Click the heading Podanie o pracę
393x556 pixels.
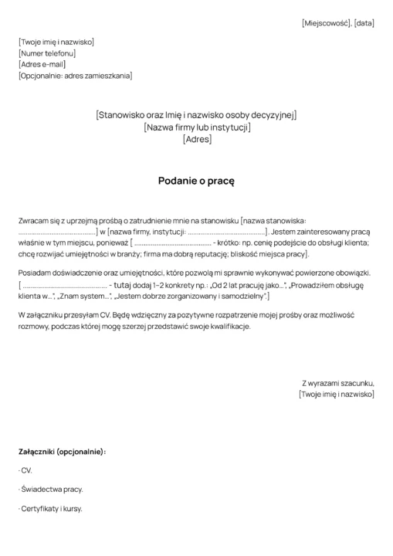coord(196,180)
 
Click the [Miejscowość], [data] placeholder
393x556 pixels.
coord(337,23)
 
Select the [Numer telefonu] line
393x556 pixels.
coord(47,53)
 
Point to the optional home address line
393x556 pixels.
coord(75,76)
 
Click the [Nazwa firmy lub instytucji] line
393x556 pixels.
coord(197,127)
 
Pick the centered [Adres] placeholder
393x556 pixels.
coord(197,140)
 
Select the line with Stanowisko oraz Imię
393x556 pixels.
coord(196,115)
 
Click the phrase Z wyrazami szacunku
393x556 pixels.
coord(337,383)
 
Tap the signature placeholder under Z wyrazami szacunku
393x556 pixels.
coord(336,394)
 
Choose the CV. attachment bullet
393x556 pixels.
coord(25,470)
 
